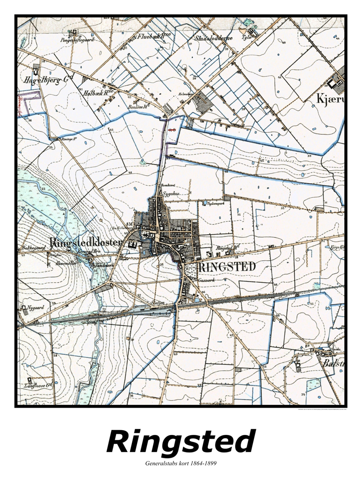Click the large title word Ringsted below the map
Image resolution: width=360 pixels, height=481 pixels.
pos(180,442)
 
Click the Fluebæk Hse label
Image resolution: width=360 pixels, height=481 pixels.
pos(154,36)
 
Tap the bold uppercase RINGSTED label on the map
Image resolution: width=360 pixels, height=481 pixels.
pos(227,267)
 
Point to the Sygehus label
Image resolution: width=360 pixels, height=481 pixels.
pos(170,193)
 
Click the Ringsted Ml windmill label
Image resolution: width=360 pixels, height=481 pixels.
pos(225,249)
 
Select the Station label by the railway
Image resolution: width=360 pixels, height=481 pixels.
pos(158,303)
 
